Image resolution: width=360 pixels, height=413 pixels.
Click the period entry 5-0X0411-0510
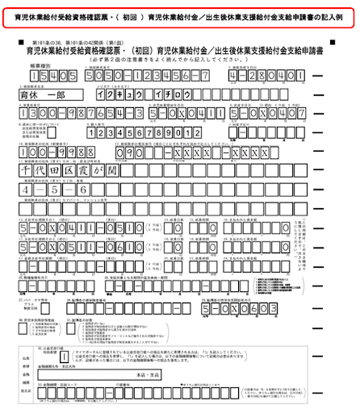click(68, 229)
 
